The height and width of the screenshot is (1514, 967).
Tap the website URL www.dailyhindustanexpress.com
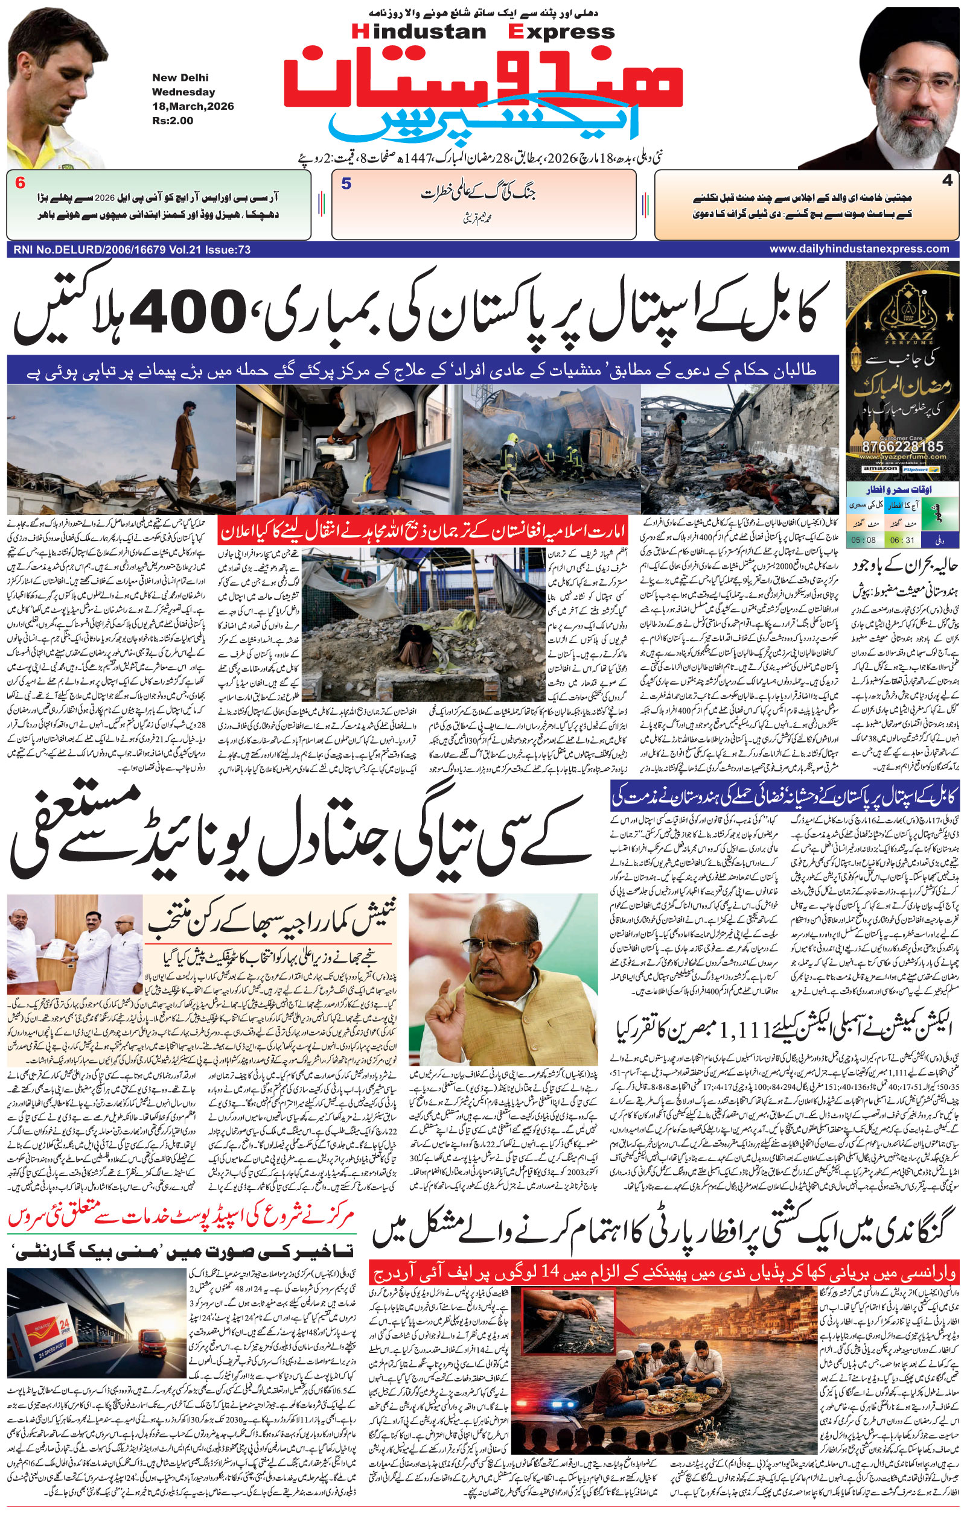pyautogui.click(x=859, y=249)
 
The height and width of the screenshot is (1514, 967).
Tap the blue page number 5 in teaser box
pyautogui.click(x=345, y=184)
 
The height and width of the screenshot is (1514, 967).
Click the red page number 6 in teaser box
pyautogui.click(x=20, y=183)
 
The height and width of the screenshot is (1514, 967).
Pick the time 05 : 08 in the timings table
pyautogui.click(x=863, y=540)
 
